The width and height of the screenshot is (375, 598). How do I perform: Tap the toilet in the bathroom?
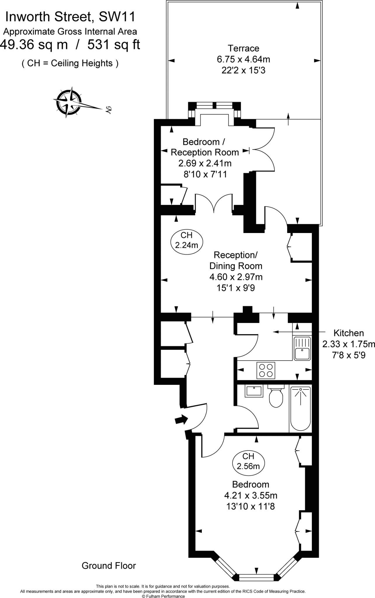coord(276,397)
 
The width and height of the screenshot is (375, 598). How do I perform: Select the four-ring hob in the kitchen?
coord(266,370)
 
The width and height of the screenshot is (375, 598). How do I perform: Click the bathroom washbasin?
coord(254,391)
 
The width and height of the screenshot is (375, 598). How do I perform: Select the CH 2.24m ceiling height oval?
coord(187,240)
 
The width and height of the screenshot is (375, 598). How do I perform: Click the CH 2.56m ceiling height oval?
coord(248,461)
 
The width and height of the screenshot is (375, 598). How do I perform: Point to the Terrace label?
coord(243,48)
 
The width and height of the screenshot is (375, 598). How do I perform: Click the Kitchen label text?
coord(348,333)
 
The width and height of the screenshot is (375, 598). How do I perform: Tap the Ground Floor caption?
coord(109,566)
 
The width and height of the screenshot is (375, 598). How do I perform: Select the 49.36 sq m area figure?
coord(34,45)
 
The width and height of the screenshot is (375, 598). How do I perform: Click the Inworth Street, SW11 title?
coord(70,17)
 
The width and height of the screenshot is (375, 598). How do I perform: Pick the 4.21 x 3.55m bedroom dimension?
coord(251,495)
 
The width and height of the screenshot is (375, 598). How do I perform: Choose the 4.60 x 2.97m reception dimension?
coord(236,277)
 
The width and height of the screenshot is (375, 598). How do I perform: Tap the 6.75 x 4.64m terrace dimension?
coord(243,59)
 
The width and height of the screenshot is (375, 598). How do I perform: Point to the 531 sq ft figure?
coord(114,45)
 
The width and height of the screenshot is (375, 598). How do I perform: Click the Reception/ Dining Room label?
coord(236,260)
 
